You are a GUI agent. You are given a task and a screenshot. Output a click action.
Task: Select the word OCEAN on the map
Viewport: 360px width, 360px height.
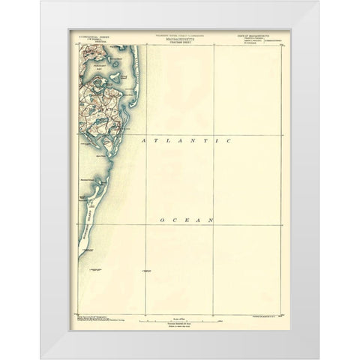187,220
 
